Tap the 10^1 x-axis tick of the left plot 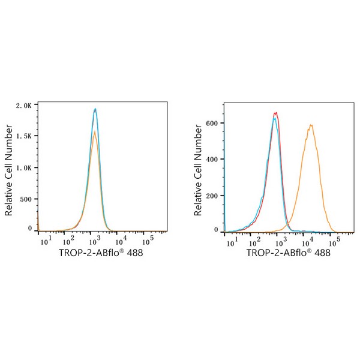click(x=44, y=242)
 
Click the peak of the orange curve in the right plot click(x=311, y=125)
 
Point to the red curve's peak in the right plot click(x=275, y=112)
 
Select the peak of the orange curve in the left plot click(x=94, y=132)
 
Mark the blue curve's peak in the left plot click(x=95, y=109)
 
